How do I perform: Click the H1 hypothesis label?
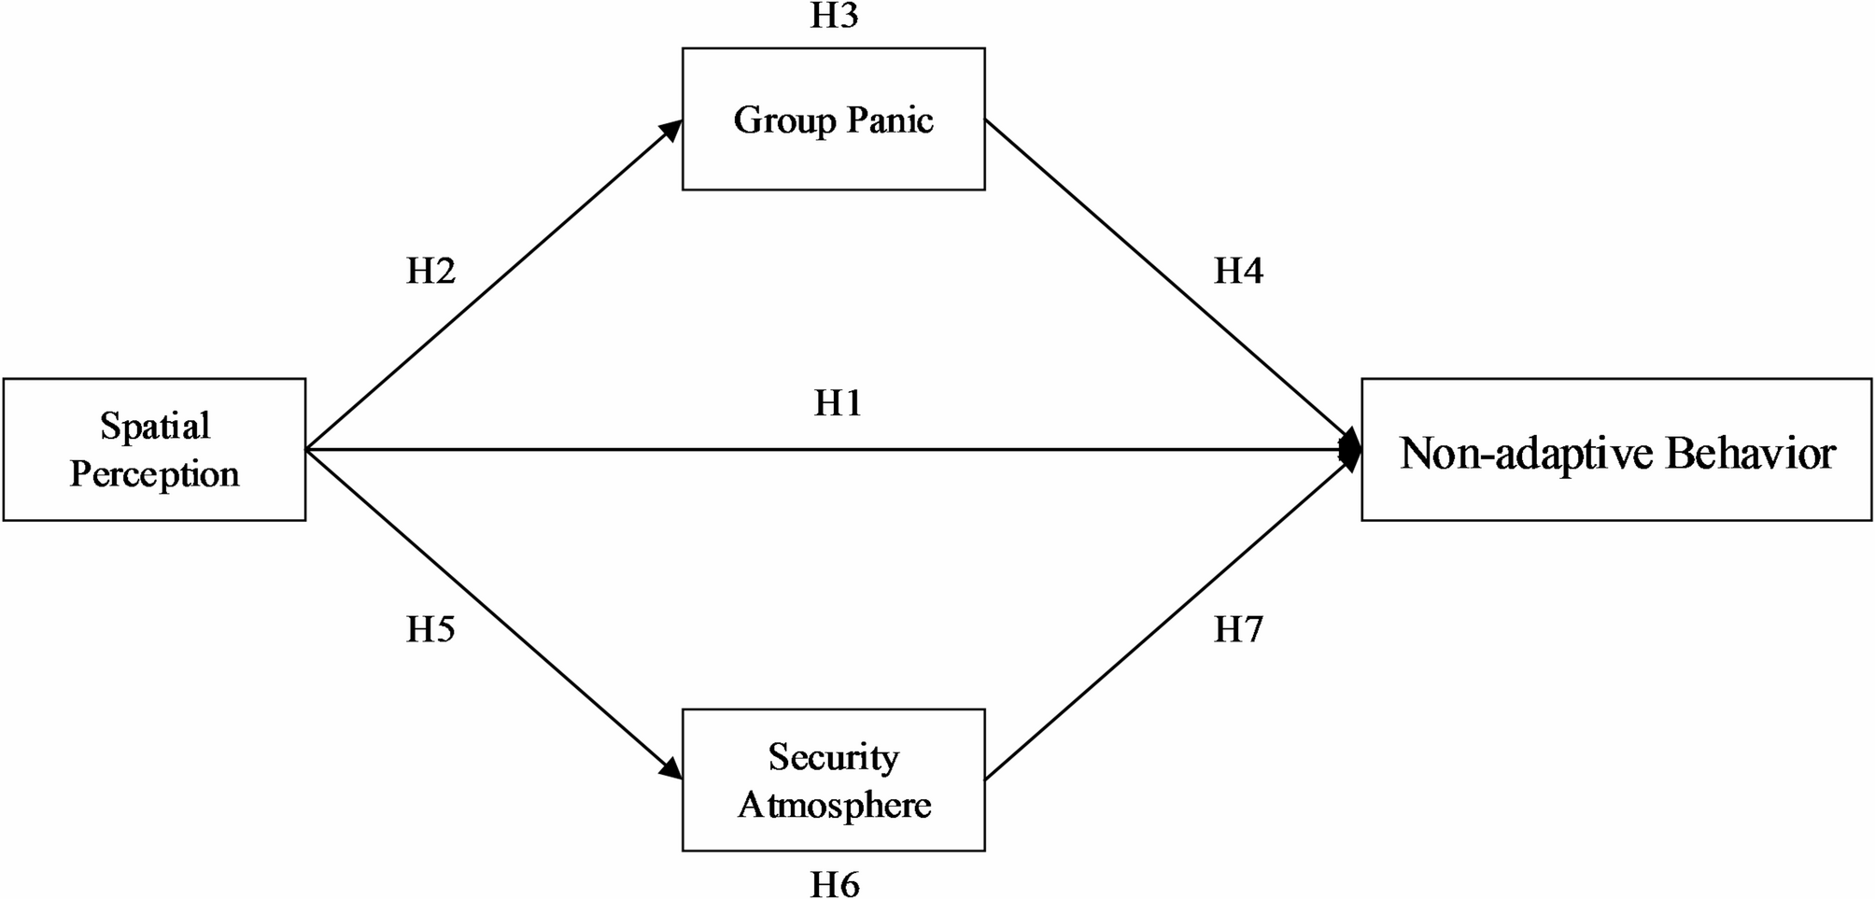(838, 403)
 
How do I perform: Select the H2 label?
(430, 271)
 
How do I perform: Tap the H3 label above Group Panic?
(834, 16)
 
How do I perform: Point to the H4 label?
(1238, 271)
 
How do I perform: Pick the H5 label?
(430, 630)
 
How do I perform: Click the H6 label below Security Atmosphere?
(834, 883)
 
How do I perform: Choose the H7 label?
(1238, 630)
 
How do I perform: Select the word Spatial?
(155, 427)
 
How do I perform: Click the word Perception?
(155, 474)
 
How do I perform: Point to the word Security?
(834, 757)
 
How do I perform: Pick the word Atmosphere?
(834, 805)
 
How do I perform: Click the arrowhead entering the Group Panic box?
(672, 129)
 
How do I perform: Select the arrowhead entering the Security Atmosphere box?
(671, 769)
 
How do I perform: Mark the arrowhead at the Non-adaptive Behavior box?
(1350, 450)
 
